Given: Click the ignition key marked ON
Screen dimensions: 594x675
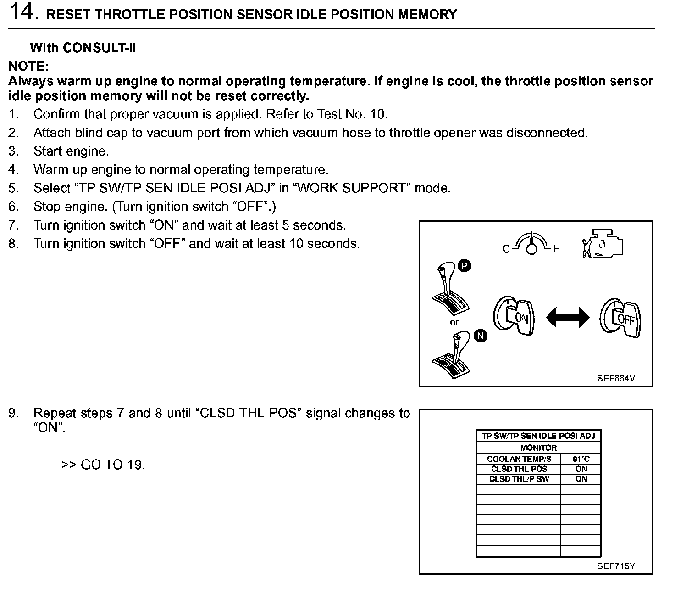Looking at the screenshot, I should [514, 316].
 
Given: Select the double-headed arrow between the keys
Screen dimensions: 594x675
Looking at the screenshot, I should [568, 317].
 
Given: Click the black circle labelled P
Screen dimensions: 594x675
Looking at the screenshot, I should [464, 266].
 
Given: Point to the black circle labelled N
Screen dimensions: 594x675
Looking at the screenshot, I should [481, 336].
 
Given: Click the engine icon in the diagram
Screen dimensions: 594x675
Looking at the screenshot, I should [603, 243].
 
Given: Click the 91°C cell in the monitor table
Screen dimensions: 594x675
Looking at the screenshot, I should [581, 459].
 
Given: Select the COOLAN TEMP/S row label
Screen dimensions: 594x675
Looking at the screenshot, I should [519, 459].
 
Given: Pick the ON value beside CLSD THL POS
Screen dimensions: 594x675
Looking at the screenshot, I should [581, 469].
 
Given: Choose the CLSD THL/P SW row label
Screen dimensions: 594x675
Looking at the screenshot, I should [519, 479].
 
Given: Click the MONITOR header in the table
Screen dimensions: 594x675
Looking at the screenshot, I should [538, 448].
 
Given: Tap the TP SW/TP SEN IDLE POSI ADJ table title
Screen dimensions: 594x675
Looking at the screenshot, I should [538, 436].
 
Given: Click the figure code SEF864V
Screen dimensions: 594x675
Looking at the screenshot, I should [616, 378].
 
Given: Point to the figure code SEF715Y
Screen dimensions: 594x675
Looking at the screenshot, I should [616, 566].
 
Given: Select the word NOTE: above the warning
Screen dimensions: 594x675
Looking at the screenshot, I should [28, 66].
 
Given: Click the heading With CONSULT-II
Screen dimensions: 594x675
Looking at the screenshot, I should [83, 48].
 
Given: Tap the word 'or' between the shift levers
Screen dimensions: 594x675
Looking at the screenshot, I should [454, 322].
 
